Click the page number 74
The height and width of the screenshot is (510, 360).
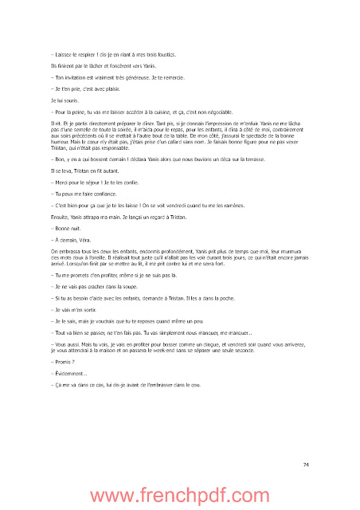[x=306, y=465]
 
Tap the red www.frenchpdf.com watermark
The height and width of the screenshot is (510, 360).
[x=179, y=496]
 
